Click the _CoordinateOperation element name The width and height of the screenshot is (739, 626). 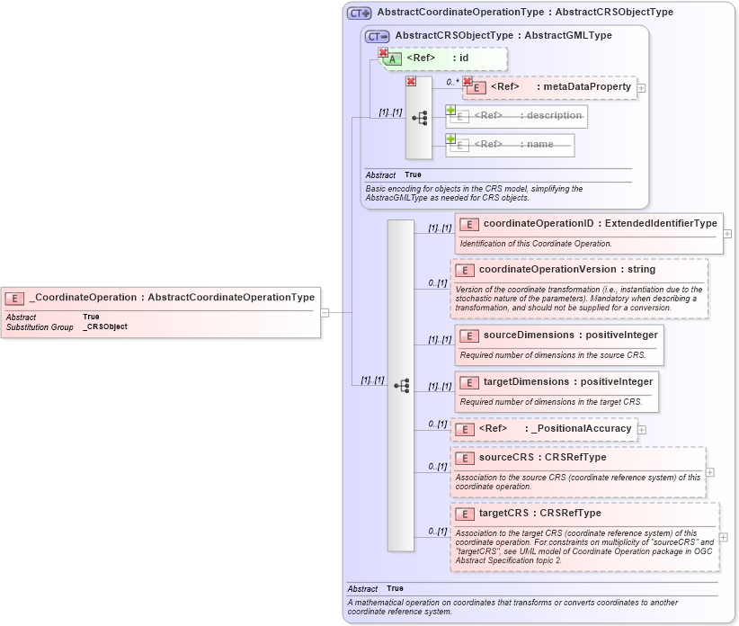pos(84,297)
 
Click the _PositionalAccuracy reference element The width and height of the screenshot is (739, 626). pos(544,429)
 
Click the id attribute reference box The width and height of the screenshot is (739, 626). pos(445,58)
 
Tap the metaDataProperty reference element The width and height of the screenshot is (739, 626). pos(550,87)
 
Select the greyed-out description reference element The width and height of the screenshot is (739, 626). pos(518,116)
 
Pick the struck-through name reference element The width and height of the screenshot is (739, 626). pos(512,145)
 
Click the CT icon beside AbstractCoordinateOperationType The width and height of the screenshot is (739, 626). pos(360,13)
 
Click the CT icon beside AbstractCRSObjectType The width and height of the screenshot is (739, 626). pos(378,37)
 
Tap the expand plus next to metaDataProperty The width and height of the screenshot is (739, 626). pos(642,88)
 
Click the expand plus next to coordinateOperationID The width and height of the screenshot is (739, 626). pos(727,234)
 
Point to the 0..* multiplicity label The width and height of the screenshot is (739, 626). pos(452,82)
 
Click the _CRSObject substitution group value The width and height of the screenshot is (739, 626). pos(105,326)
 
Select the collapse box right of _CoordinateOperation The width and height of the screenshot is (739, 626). pos(325,312)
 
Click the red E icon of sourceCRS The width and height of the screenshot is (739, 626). pos(465,458)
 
